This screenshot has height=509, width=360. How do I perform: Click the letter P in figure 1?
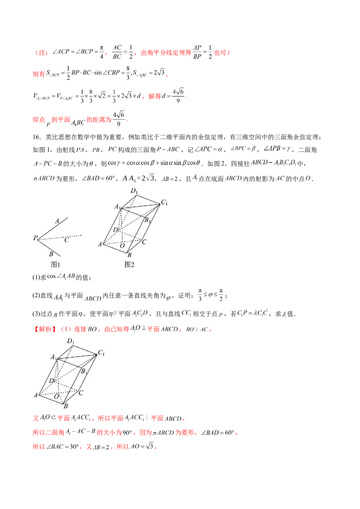tap(35, 237)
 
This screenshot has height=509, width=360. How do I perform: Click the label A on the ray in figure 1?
tap(57, 221)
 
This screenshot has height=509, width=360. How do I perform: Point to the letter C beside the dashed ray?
tap(66, 240)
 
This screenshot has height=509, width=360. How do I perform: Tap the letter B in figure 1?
tap(52, 254)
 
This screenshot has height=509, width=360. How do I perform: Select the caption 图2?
tap(130, 264)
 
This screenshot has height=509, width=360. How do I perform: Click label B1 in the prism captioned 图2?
tap(147, 220)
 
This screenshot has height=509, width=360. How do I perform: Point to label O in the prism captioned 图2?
tap(122, 246)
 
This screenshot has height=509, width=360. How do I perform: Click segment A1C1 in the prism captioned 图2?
tap(139, 206)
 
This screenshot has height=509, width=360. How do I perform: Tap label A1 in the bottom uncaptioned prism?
tap(53, 357)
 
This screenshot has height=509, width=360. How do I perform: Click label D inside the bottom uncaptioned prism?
tap(52, 381)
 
